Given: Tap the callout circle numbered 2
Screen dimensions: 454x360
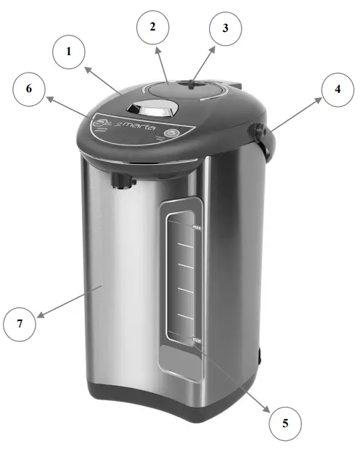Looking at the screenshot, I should click(153, 28).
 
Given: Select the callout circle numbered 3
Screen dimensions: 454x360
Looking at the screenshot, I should click(225, 29).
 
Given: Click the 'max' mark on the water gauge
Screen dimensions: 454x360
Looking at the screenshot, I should click(197, 227).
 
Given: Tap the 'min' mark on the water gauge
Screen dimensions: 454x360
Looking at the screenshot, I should click(197, 340).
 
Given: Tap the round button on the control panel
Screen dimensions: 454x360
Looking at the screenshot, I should click(171, 133).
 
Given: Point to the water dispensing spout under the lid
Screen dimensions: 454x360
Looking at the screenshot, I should click(120, 179).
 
